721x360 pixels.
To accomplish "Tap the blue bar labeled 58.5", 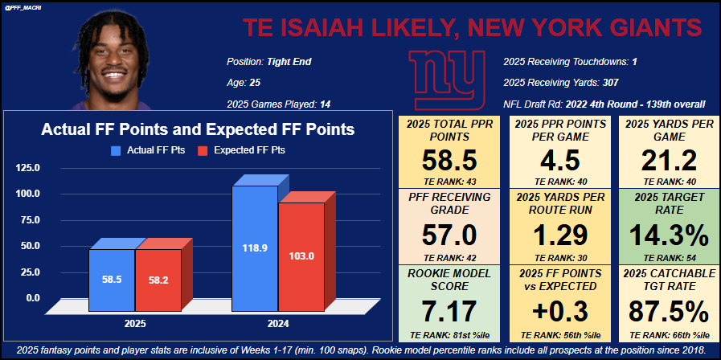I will (112, 279).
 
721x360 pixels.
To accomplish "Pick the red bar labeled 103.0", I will (301, 256).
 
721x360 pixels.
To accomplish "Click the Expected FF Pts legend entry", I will (249, 149).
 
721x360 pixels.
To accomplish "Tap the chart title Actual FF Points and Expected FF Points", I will (198, 129).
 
